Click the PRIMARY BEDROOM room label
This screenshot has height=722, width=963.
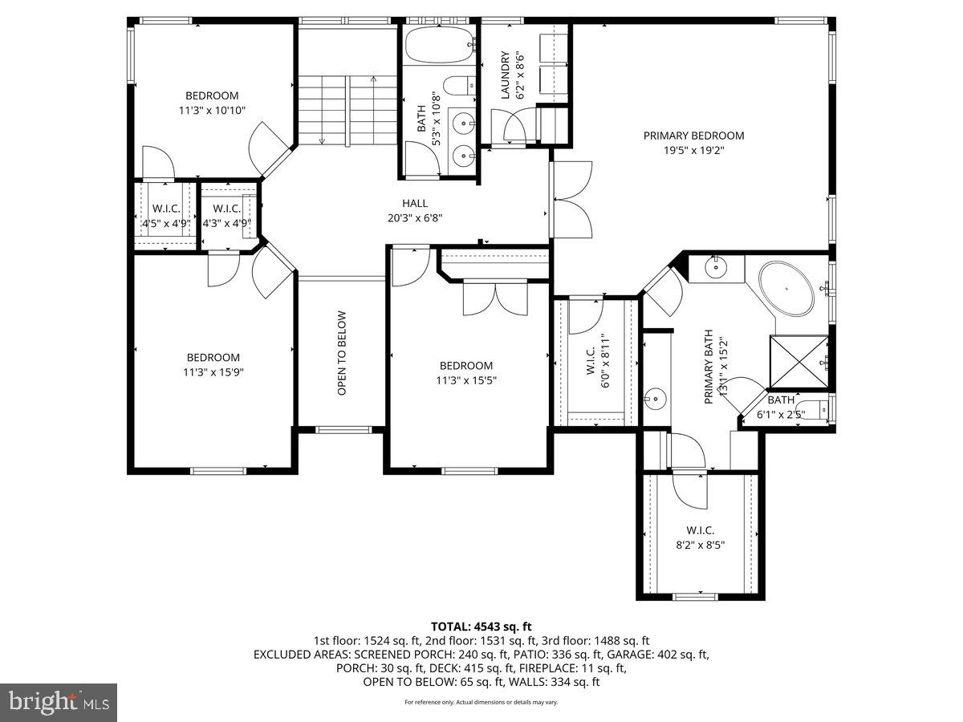click(x=693, y=136)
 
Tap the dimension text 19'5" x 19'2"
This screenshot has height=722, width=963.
click(x=693, y=149)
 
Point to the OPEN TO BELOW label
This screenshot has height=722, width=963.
click(x=342, y=353)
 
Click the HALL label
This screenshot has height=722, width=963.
click(x=415, y=203)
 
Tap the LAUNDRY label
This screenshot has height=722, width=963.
click(x=506, y=75)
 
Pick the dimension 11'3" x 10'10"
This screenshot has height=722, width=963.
click(x=212, y=110)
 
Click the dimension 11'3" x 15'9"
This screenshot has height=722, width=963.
click(x=213, y=371)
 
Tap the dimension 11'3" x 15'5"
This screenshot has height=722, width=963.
click(x=465, y=380)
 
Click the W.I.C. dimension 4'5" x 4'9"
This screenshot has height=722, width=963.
click(x=165, y=223)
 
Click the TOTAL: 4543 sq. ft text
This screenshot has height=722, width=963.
click(x=481, y=627)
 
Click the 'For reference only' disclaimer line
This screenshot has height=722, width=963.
click(x=481, y=702)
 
